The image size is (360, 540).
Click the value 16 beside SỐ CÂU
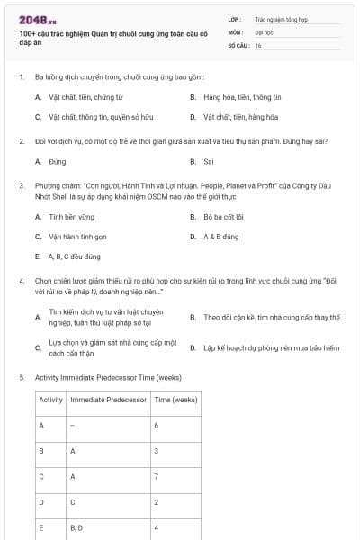point(258,44)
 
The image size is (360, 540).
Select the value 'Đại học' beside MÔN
point(263,31)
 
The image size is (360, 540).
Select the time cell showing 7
point(157,476)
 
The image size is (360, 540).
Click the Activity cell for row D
point(41,501)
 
